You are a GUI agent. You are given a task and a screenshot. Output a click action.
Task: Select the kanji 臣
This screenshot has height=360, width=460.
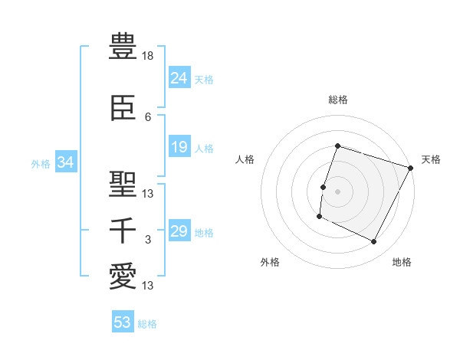point(123,109)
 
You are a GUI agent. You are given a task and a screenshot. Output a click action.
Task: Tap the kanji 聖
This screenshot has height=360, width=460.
point(123,185)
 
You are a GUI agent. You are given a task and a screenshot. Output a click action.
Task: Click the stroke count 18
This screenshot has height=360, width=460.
point(148,56)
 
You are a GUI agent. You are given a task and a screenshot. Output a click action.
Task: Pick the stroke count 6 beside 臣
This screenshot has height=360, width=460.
point(148,117)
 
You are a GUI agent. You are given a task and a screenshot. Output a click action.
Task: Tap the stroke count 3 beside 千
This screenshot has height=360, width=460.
point(148,240)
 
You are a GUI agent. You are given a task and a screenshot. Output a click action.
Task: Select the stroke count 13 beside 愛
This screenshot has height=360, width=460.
point(148,286)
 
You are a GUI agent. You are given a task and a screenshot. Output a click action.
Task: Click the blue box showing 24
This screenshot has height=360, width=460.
point(179,78)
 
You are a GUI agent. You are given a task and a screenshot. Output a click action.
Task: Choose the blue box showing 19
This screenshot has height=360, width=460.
point(179,147)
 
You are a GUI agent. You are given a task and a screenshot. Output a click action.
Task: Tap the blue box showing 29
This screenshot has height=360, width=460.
point(179,231)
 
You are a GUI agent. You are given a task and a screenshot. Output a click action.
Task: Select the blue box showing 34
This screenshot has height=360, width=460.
point(66,162)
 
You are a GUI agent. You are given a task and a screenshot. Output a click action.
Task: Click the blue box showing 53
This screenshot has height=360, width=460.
point(123,322)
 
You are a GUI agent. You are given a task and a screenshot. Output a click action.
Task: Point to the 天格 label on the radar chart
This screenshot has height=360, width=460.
point(431,159)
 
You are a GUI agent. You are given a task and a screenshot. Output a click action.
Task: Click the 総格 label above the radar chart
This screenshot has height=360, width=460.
point(337,100)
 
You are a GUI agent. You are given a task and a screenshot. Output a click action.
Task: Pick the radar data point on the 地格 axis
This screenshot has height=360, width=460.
point(374,242)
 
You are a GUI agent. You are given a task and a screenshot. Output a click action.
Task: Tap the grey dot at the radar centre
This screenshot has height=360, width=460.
point(337,191)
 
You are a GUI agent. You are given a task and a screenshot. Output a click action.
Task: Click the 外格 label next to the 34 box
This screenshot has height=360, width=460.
point(41,163)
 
